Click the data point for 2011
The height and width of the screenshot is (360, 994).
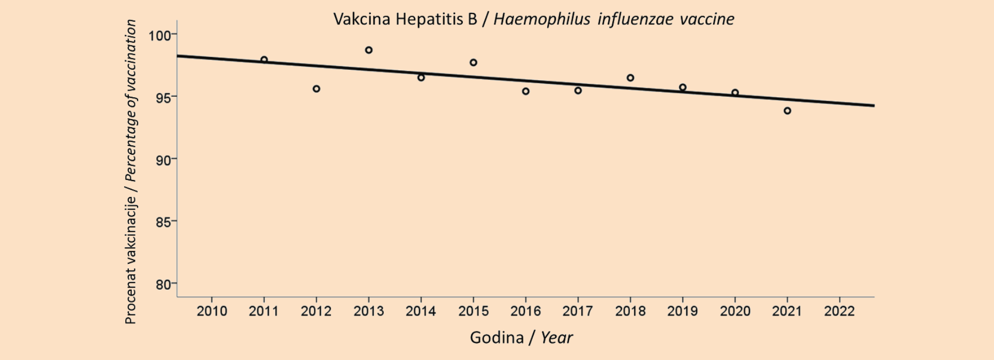pyautogui.click(x=264, y=60)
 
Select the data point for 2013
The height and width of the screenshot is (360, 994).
pyautogui.click(x=369, y=50)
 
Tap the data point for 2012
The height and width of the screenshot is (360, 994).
pyautogui.click(x=317, y=89)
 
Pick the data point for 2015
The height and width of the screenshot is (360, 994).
pyautogui.click(x=473, y=63)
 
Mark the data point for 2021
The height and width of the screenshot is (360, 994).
pyautogui.click(x=787, y=111)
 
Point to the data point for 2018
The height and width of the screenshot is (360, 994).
pyautogui.click(x=630, y=78)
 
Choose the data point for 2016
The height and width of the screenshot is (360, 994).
pyautogui.click(x=525, y=92)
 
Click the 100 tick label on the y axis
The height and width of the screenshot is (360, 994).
pyautogui.click(x=159, y=36)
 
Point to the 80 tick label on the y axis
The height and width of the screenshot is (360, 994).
pyautogui.click(x=163, y=284)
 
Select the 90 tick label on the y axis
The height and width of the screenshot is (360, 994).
pyautogui.click(x=163, y=160)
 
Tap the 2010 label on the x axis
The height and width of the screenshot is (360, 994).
pyautogui.click(x=212, y=311)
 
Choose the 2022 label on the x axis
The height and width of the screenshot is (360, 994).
pyautogui.click(x=839, y=311)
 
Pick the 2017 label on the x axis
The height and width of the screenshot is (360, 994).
pyautogui.click(x=578, y=311)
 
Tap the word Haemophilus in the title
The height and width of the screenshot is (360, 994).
pyautogui.click(x=541, y=20)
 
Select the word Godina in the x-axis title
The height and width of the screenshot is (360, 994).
pyautogui.click(x=496, y=338)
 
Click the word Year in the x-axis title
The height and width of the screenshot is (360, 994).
pyautogui.click(x=556, y=338)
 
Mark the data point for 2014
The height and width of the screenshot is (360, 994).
pyautogui.click(x=421, y=78)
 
